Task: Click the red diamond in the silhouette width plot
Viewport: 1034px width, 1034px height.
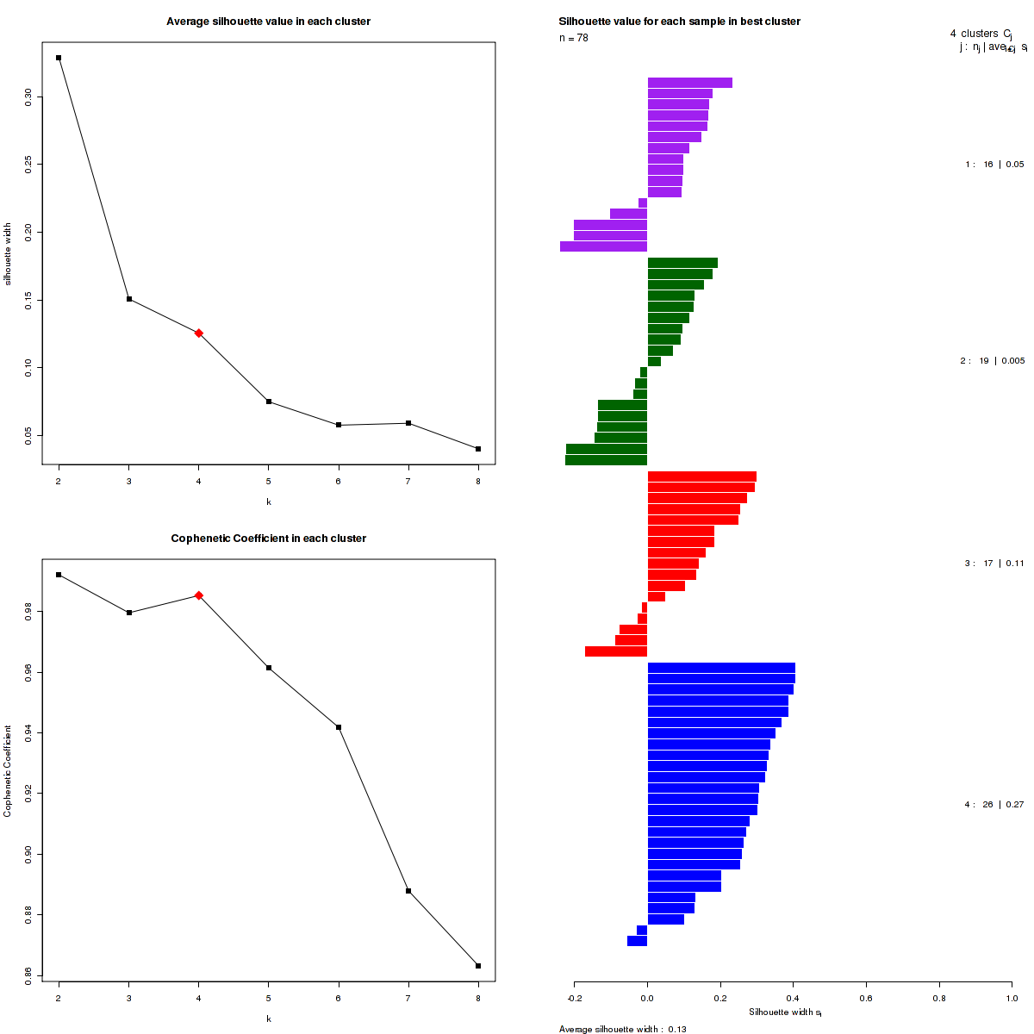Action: (199, 333)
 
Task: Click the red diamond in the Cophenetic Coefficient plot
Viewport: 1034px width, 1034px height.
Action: (199, 595)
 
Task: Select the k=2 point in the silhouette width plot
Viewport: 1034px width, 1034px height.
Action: (59, 58)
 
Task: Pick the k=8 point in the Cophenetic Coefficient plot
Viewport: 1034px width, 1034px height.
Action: (478, 966)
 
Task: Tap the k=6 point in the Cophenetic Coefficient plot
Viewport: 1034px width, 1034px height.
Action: (339, 727)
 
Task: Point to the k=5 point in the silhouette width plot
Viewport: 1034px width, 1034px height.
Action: (269, 402)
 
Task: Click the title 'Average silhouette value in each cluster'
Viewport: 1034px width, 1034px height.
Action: (269, 22)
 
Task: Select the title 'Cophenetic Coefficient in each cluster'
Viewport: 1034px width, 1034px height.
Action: (269, 539)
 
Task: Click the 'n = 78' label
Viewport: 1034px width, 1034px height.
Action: (574, 38)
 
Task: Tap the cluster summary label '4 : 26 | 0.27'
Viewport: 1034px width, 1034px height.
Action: (994, 805)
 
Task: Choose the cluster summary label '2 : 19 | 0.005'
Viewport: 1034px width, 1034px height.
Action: (992, 361)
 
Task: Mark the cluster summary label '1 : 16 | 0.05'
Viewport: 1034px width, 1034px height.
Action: (994, 165)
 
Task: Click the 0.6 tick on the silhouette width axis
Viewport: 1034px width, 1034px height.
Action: (866, 998)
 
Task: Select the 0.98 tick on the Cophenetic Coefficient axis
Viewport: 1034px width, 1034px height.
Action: (28, 612)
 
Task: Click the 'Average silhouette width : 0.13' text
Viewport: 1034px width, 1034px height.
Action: (623, 1029)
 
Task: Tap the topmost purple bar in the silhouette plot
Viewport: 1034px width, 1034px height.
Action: (689, 83)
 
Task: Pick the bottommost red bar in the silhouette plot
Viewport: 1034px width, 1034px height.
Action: (616, 651)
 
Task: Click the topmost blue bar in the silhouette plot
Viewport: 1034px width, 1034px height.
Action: (721, 668)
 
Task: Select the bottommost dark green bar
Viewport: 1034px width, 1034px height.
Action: (607, 460)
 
